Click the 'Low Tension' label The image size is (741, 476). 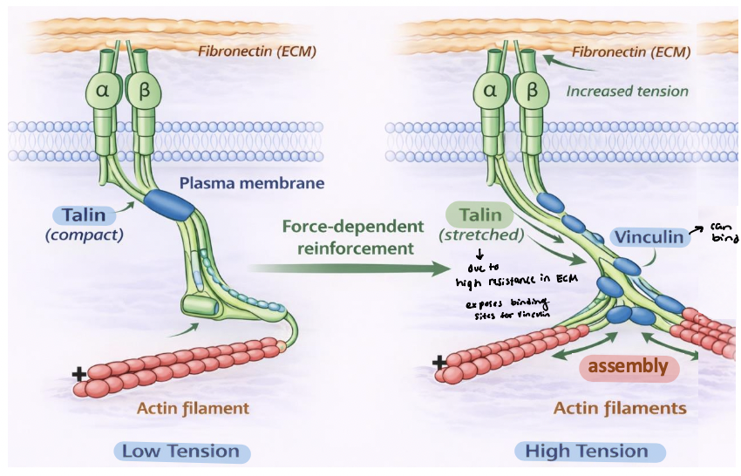pyautogui.click(x=180, y=452)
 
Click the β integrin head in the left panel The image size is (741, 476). pyautogui.click(x=139, y=90)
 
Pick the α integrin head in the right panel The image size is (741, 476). pyautogui.click(x=490, y=90)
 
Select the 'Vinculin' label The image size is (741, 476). pyautogui.click(x=649, y=236)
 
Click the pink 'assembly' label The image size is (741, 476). pyautogui.click(x=627, y=366)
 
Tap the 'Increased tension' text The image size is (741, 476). pyautogui.click(x=627, y=91)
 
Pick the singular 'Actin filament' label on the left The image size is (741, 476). pyautogui.click(x=194, y=408)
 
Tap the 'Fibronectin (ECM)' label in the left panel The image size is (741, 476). pyautogui.click(x=256, y=51)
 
